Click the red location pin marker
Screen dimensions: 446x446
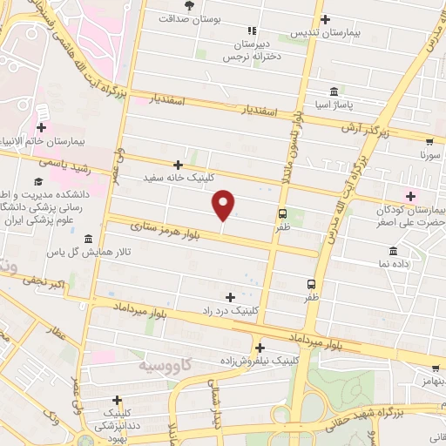(x=224, y=204)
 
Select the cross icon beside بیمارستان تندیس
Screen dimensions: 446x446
(x=325, y=19)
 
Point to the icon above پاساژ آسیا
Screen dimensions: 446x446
(x=334, y=91)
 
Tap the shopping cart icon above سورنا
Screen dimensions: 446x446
(x=429, y=141)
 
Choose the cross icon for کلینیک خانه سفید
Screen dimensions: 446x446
(x=178, y=164)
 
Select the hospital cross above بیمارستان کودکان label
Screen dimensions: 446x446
(x=410, y=196)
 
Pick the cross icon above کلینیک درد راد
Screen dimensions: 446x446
(x=229, y=297)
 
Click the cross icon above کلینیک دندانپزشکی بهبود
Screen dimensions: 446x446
(x=117, y=400)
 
